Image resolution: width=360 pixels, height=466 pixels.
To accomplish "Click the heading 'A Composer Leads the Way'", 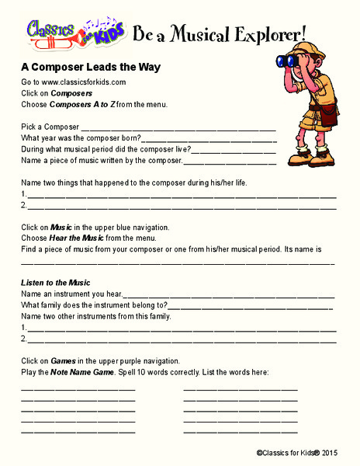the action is [x=91, y=67].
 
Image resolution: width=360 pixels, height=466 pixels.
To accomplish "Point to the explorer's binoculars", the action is [x=296, y=60].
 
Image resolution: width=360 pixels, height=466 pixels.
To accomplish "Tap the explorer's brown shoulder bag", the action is [x=330, y=117].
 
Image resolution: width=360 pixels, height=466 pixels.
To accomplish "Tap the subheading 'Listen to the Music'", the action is [x=56, y=283].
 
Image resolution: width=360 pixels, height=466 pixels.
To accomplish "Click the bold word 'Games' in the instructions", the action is [x=63, y=361].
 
